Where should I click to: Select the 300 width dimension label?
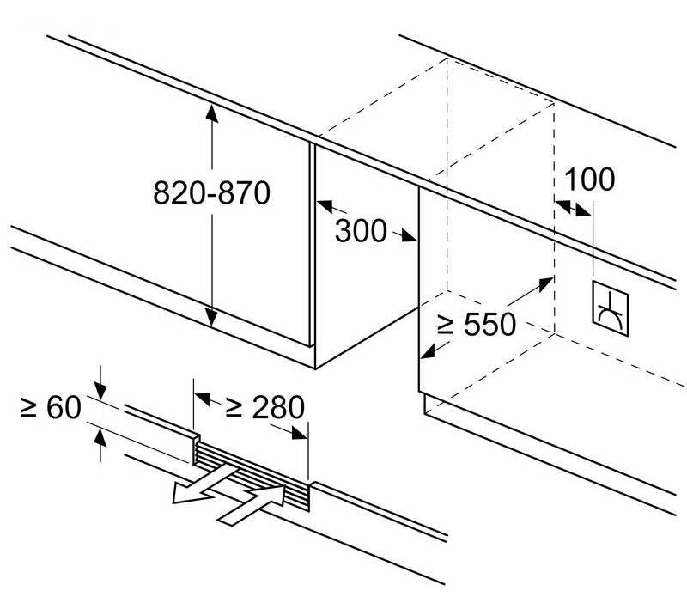click(x=361, y=230)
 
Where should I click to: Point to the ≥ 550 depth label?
click(x=477, y=325)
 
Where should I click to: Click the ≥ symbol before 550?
click(x=445, y=325)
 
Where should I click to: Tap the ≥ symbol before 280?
click(x=234, y=407)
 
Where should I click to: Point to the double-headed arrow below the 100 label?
click(x=573, y=207)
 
